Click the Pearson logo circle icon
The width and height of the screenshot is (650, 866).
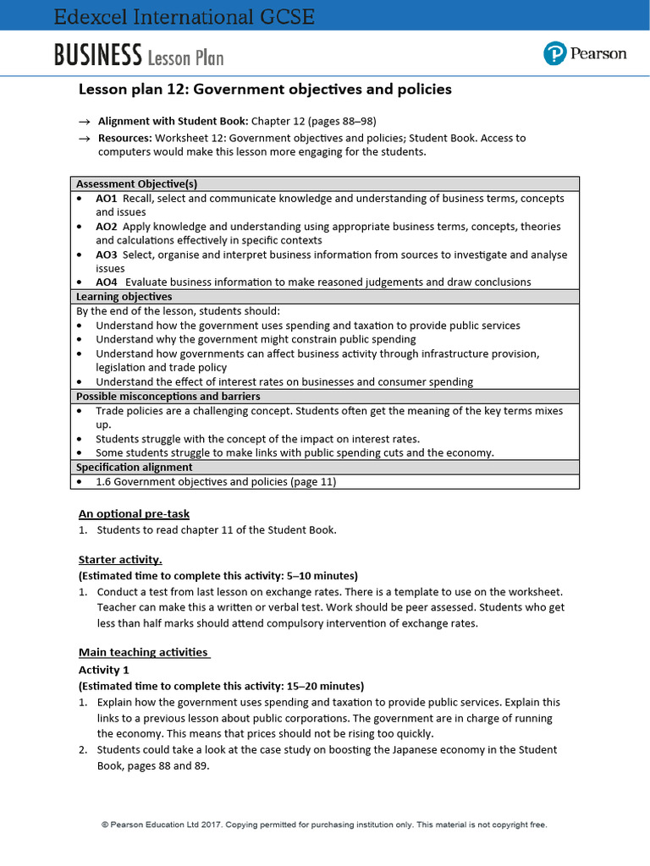[554, 54]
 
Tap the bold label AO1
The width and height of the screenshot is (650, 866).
[106, 198]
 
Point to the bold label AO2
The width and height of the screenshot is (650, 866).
[106, 227]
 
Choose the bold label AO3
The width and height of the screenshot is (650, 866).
[106, 255]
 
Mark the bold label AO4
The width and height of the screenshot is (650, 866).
[106, 282]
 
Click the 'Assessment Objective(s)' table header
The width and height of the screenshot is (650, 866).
[137, 184]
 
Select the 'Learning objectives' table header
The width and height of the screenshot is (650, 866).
[124, 297]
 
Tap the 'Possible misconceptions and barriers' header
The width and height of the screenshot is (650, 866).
[168, 396]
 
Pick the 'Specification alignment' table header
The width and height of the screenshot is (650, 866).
[134, 467]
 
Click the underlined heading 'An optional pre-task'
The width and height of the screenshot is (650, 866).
[134, 513]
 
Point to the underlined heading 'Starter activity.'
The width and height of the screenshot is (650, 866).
[120, 560]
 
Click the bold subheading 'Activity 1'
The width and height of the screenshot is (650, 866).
[104, 670]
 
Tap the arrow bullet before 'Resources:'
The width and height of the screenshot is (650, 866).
[84, 138]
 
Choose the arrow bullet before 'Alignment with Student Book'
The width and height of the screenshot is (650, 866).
[84, 122]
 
